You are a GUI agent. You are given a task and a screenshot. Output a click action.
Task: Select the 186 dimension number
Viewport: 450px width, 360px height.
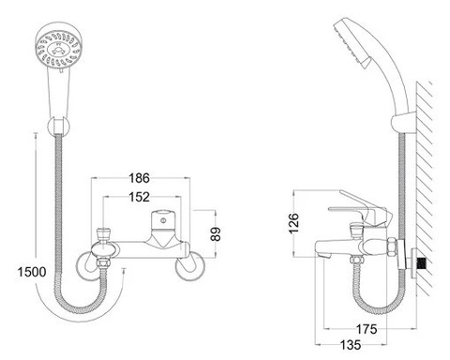click(141, 177)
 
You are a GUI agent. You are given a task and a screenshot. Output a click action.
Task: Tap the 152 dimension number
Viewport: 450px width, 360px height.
click(141, 197)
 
